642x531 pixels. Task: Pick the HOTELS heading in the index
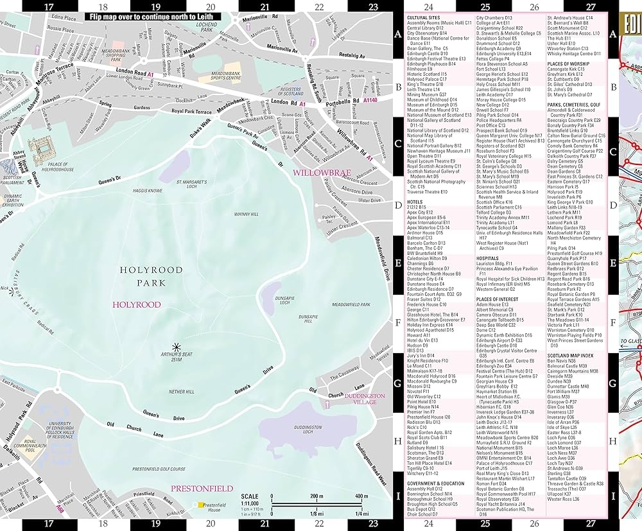pyautogui.click(x=415, y=202)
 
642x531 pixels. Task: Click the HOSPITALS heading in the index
pyautogui.click(x=487, y=258)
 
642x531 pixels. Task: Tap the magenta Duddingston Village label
pyautogui.click(x=364, y=400)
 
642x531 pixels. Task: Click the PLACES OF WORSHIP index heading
pyautogui.click(x=569, y=64)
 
